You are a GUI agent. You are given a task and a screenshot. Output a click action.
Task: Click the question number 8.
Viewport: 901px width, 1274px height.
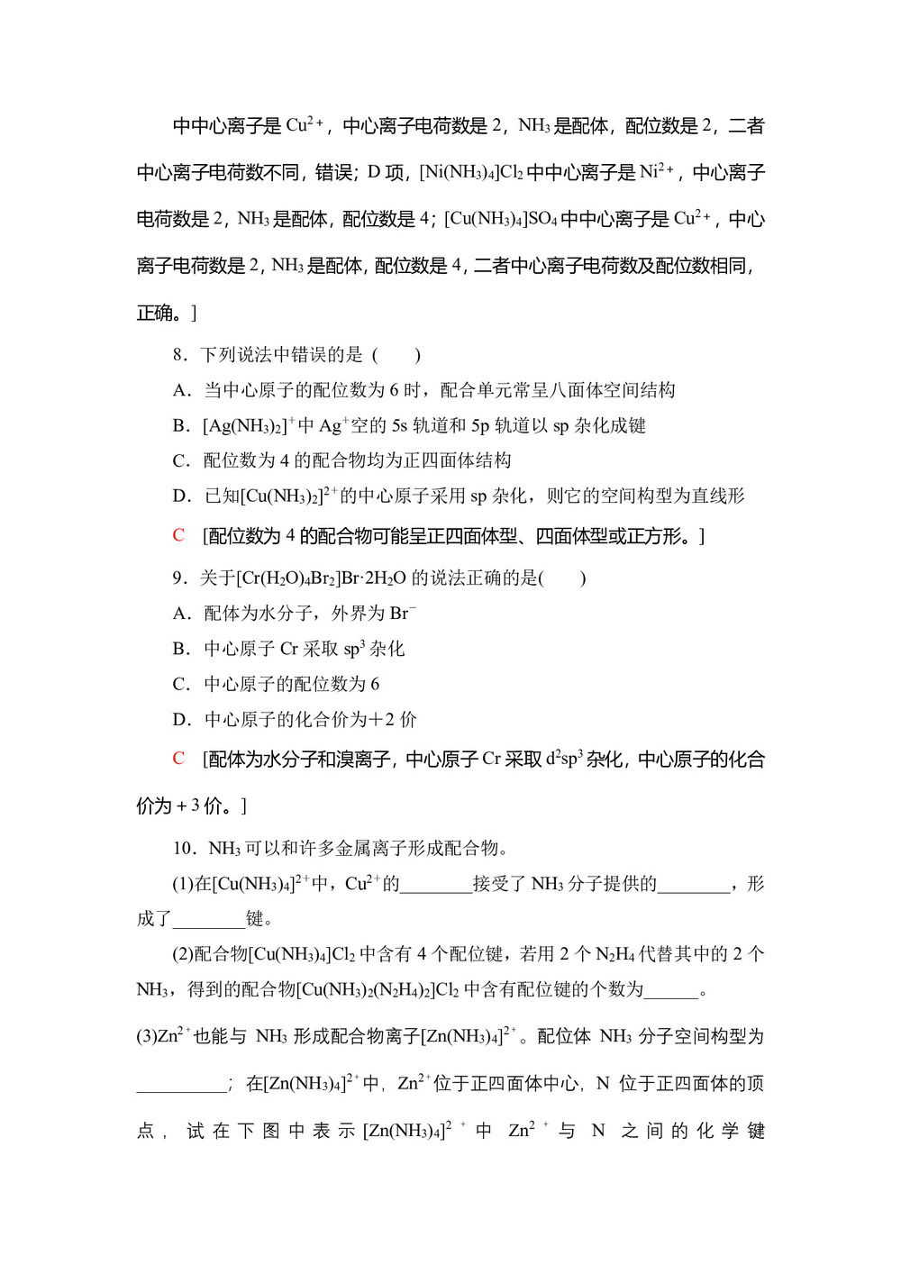[178, 355]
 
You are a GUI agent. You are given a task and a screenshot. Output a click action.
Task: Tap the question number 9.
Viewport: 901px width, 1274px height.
[178, 578]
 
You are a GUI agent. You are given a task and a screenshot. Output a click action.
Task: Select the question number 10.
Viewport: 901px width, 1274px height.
[183, 849]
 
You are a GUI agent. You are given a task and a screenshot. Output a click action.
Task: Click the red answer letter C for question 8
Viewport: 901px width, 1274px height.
[178, 536]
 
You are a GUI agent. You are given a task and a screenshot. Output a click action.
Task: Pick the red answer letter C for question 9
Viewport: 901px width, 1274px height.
[178, 759]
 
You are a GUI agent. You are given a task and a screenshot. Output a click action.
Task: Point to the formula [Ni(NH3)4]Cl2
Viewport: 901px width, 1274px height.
[470, 172]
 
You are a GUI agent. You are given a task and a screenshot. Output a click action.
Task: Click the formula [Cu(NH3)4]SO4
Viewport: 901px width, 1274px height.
[500, 219]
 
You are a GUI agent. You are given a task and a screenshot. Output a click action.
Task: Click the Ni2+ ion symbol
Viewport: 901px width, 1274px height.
[658, 171]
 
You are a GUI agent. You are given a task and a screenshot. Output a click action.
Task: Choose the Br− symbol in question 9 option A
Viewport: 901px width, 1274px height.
[403, 614]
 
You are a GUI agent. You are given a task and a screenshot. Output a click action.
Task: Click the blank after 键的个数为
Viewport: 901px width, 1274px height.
[671, 991]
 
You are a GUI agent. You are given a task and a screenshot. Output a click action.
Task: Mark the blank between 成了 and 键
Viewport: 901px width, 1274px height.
[208, 920]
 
